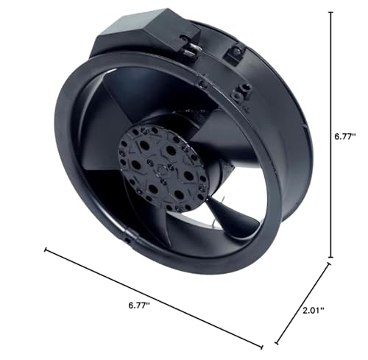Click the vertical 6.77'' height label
click(344, 135)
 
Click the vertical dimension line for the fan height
click(330, 133)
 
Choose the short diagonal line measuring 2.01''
click(302, 306)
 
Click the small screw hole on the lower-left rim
click(128, 239)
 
